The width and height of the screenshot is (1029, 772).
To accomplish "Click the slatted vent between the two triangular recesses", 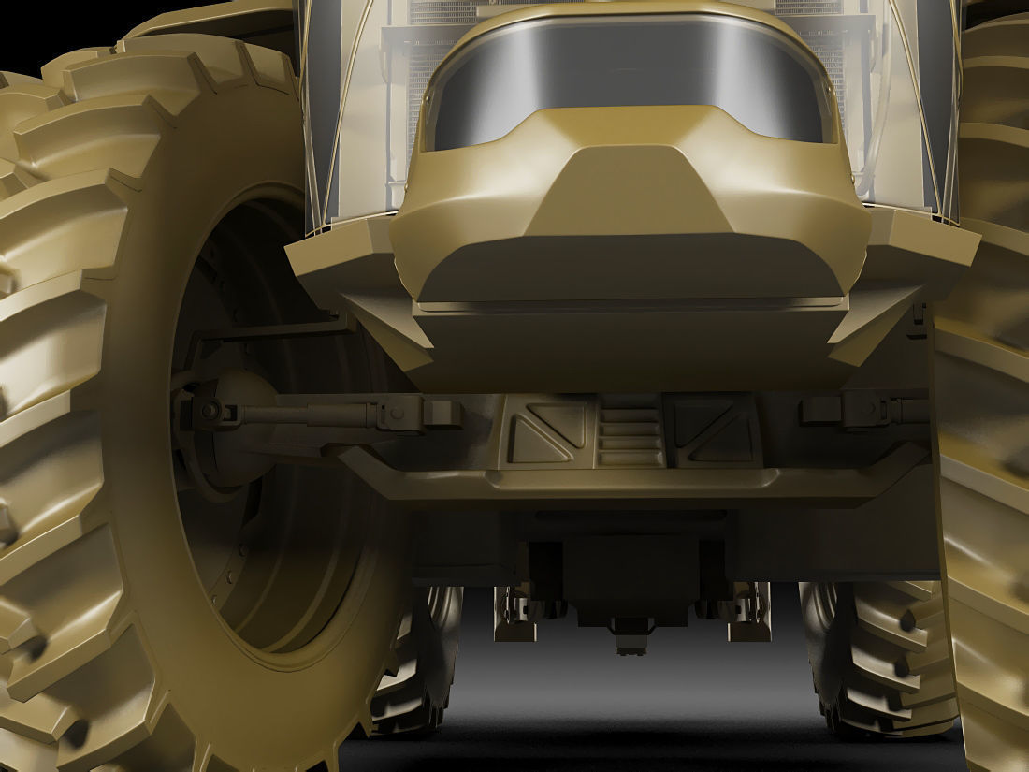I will [630, 432].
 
